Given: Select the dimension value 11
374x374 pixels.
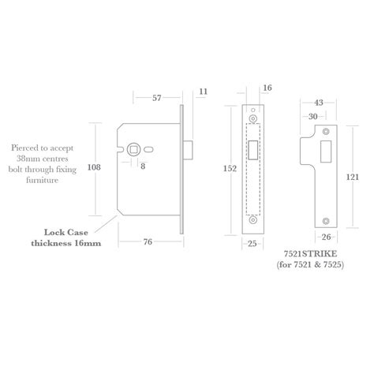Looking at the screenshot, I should coord(203,92).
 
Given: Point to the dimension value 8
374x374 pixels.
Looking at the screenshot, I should coord(143,166).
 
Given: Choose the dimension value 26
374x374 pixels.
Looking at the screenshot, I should coord(327,236).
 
